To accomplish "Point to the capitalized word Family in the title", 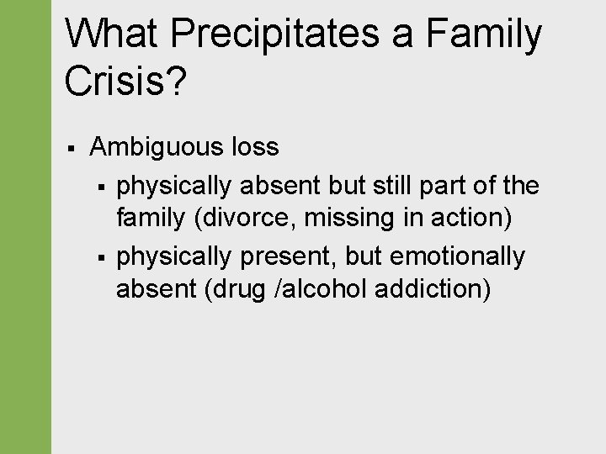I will click(x=484, y=35).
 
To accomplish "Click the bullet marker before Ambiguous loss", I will click(x=72, y=148).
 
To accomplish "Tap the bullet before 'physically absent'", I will click(x=100, y=184).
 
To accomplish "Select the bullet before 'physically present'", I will click(x=100, y=256).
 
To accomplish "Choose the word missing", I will click(x=344, y=219).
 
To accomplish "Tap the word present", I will click(x=283, y=256).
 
